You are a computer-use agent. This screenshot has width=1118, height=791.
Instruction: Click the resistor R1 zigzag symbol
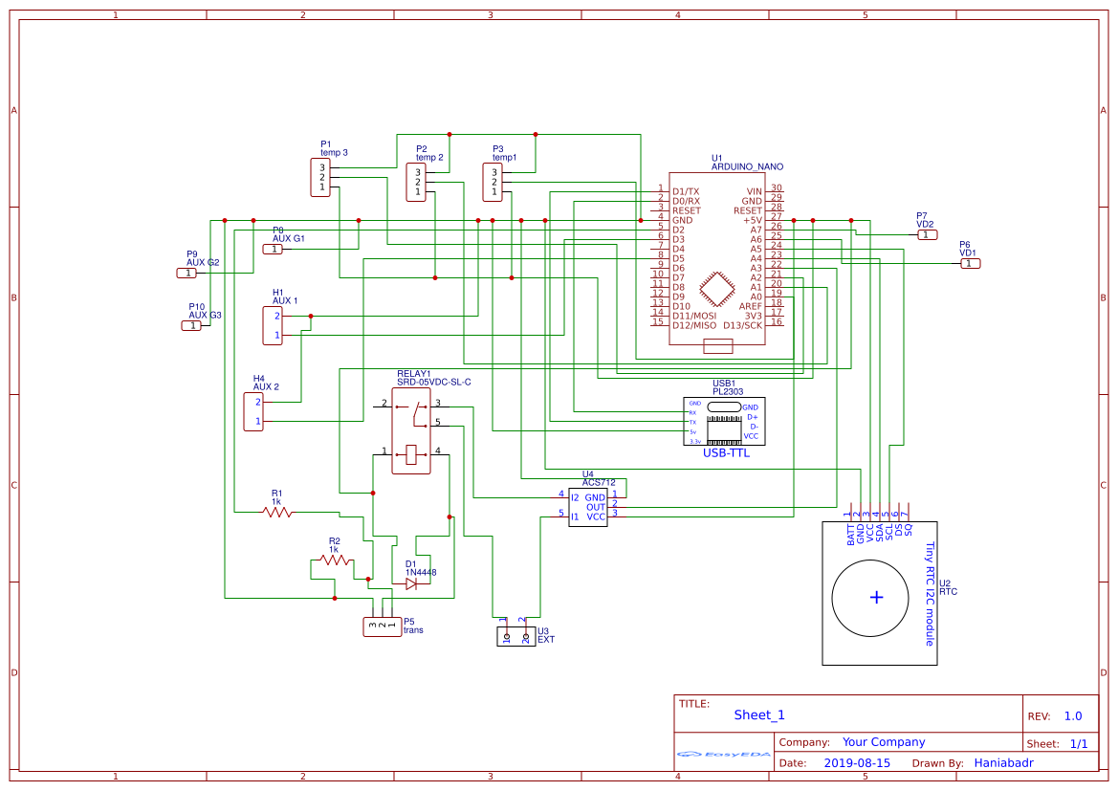278,513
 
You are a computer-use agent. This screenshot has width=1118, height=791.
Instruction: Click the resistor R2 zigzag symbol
334,560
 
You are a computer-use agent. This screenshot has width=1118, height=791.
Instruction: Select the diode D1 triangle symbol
411,583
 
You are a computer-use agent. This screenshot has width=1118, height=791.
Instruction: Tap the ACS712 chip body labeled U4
588,507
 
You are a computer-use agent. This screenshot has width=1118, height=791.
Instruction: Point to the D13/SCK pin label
743,325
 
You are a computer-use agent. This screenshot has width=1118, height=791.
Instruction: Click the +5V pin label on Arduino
752,220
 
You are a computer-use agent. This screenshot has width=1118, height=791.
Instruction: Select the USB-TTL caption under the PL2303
726,453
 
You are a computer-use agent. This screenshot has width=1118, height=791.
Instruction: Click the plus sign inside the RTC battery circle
876,598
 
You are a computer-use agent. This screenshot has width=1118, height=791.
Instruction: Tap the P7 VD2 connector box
926,234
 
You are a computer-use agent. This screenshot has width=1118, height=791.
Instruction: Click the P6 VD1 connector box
969,263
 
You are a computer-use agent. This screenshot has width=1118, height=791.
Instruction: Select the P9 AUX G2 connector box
186,273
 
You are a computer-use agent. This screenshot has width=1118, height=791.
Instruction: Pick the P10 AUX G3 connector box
192,325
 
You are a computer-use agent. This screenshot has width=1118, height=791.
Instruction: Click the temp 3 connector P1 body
322,178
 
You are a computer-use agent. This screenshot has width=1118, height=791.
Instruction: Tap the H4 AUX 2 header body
253,411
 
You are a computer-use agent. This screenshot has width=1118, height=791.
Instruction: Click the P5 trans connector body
382,626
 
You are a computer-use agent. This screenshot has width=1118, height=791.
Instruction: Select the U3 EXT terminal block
515,636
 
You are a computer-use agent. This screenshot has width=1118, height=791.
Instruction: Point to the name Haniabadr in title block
1003,763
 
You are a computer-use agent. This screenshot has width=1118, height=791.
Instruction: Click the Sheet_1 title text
758,714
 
